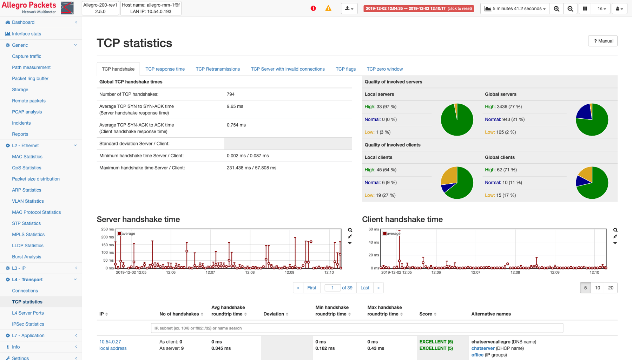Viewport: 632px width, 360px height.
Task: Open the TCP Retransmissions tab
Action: tap(218, 69)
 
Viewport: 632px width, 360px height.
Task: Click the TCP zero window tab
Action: tap(384, 69)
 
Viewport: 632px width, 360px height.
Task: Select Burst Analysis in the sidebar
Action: tap(26, 257)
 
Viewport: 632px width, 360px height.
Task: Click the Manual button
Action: tap(603, 41)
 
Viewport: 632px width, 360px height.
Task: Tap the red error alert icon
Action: tap(313, 8)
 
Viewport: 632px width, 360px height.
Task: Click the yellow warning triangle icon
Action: tap(328, 8)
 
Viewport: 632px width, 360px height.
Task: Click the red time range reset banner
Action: tap(419, 8)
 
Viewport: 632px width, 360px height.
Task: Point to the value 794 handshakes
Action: tap(231, 94)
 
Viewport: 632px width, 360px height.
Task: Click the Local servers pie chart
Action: tap(457, 120)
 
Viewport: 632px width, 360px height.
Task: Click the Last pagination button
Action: tap(365, 288)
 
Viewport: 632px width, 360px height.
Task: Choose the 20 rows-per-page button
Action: tap(611, 288)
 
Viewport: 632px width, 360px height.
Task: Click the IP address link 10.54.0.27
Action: tap(110, 342)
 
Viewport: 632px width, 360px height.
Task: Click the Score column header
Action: tap(426, 314)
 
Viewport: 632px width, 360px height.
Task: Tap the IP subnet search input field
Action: tap(357, 328)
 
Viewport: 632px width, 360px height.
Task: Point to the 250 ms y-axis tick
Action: tap(107, 229)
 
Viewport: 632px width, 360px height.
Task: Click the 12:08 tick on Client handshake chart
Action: tap(515, 273)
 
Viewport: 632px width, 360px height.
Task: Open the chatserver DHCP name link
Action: tap(483, 348)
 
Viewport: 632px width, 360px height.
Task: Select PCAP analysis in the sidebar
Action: tap(27, 112)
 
